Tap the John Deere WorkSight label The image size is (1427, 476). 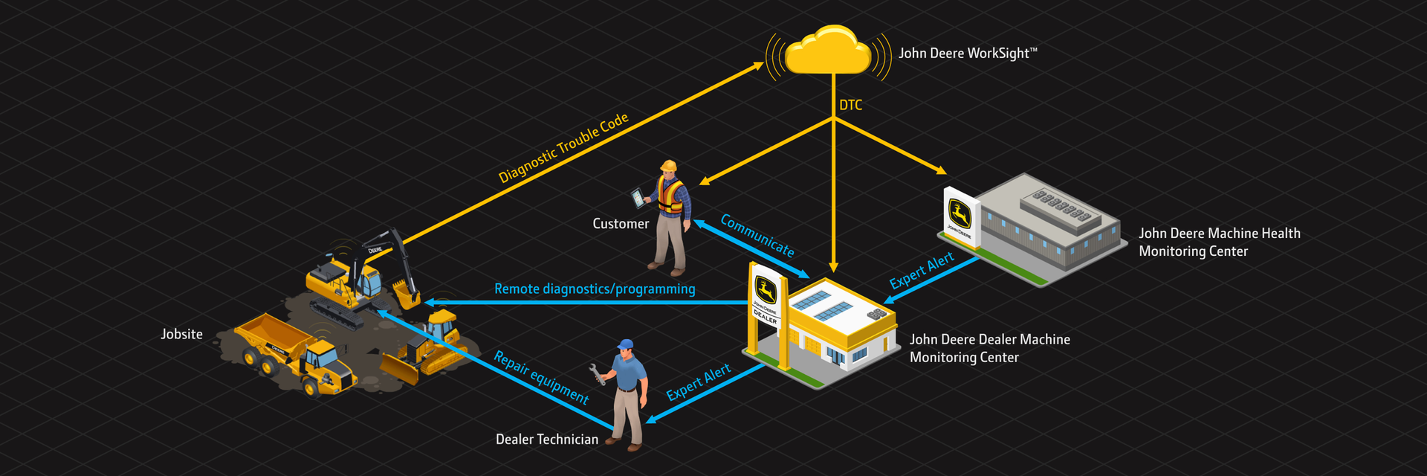pos(967,54)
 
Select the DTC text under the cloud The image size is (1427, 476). pos(851,106)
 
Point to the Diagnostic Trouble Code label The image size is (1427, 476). pos(563,148)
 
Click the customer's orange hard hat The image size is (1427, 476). pos(669,166)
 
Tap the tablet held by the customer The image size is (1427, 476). pos(638,198)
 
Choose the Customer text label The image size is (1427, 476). pos(621,224)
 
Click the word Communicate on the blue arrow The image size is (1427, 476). pos(757,236)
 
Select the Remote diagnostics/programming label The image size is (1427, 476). pos(595,289)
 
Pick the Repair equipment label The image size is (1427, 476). pos(542,377)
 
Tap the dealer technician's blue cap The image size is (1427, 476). pos(626,345)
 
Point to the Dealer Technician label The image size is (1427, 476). pos(546,440)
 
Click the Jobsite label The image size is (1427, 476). pos(181,335)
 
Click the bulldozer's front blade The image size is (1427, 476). pos(400,369)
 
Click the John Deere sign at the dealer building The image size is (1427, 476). pos(766,297)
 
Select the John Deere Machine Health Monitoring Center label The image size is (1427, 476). pos(1219,242)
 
